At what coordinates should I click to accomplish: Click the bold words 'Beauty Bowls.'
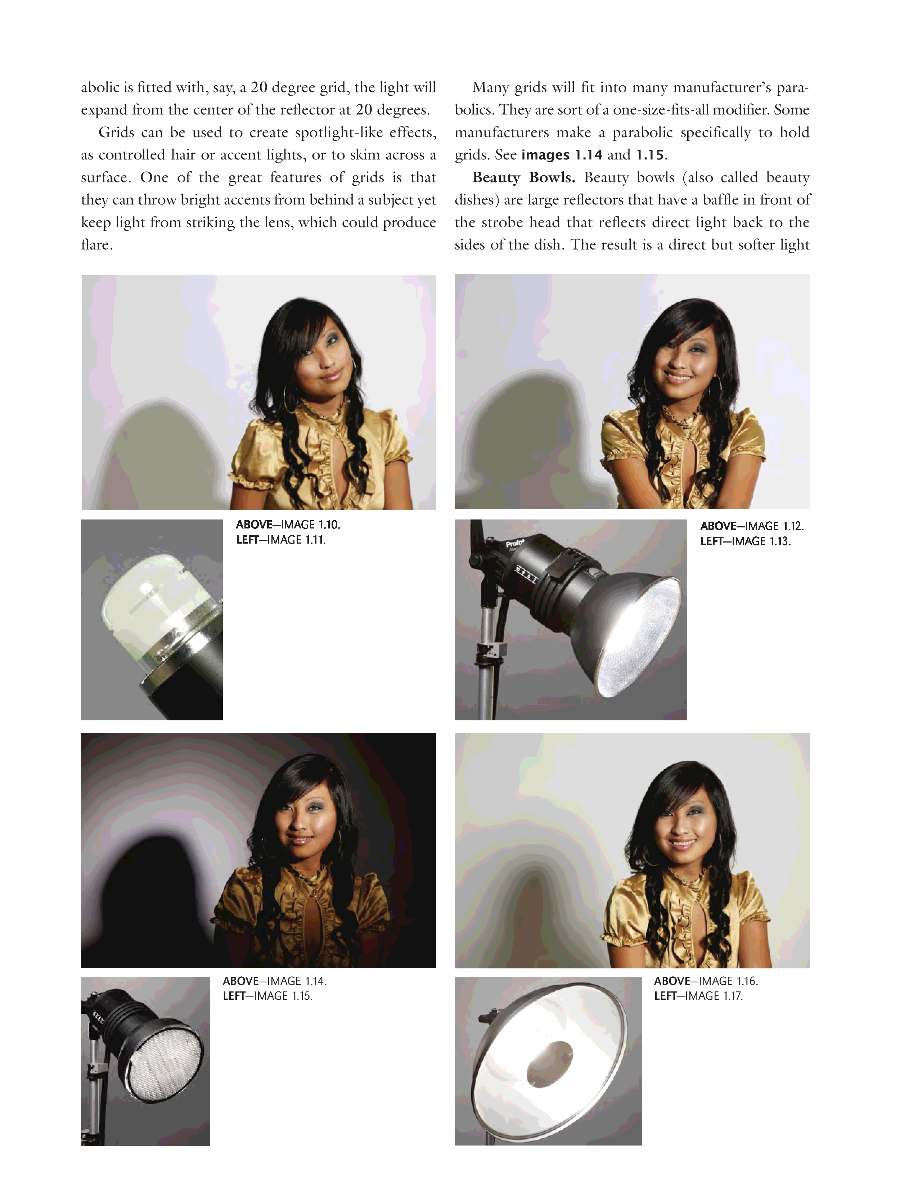[524, 178]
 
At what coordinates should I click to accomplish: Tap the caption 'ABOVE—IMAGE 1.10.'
[288, 525]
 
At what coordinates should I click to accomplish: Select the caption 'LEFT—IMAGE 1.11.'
[281, 540]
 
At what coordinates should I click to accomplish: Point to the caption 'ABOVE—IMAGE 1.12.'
[752, 526]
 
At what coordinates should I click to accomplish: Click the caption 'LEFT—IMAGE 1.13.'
[746, 541]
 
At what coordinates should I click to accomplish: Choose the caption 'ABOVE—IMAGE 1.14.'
[275, 981]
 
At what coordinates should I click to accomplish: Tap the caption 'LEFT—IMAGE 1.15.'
[267, 996]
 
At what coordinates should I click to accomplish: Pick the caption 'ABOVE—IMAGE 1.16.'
[706, 981]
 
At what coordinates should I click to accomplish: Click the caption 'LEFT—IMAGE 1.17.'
[698, 996]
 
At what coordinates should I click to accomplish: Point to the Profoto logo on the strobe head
[514, 543]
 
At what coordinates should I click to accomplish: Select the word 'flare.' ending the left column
[97, 245]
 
